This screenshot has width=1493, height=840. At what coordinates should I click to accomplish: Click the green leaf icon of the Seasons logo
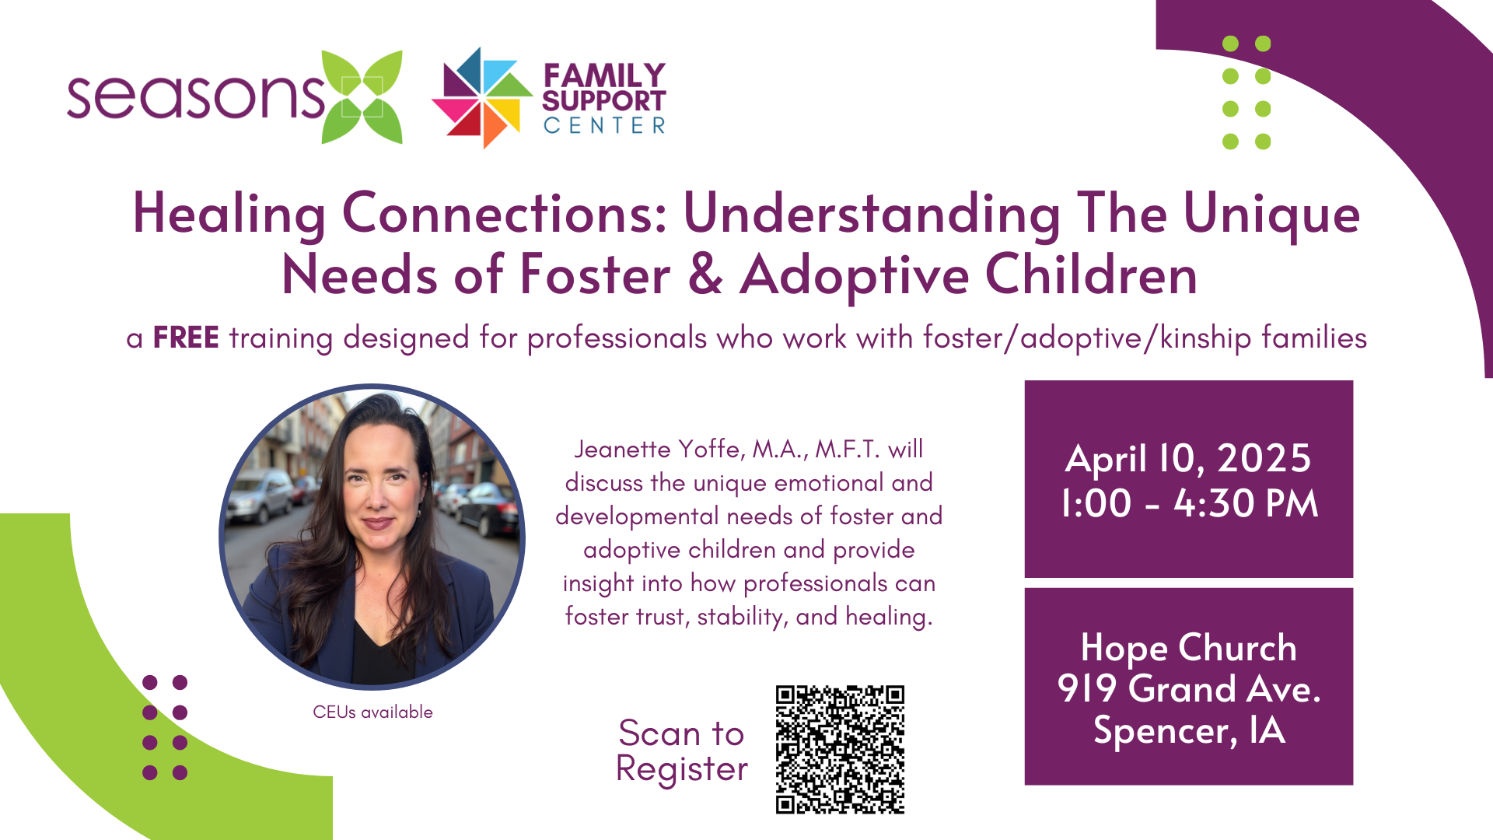[x=362, y=97]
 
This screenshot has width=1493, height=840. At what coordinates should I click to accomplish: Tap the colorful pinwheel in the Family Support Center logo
[x=482, y=97]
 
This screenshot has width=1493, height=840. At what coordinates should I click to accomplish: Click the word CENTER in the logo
[x=604, y=125]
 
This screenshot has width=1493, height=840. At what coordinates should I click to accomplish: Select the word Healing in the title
[x=229, y=215]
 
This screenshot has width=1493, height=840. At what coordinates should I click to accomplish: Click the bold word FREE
[x=186, y=338]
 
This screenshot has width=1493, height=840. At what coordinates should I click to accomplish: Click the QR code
[x=840, y=750]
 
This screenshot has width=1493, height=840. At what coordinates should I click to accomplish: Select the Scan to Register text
[x=681, y=751]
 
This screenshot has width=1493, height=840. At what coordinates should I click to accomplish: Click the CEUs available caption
[x=372, y=712]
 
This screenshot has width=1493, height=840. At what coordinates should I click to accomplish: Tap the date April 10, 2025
[x=1188, y=458]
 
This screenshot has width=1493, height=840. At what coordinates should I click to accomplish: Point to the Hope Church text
[x=1189, y=648]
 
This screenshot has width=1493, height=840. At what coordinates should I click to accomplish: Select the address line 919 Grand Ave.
[x=1189, y=689]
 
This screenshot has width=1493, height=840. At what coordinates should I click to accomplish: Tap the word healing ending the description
[x=889, y=617]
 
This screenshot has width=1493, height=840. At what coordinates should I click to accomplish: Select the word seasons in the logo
[x=195, y=97]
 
